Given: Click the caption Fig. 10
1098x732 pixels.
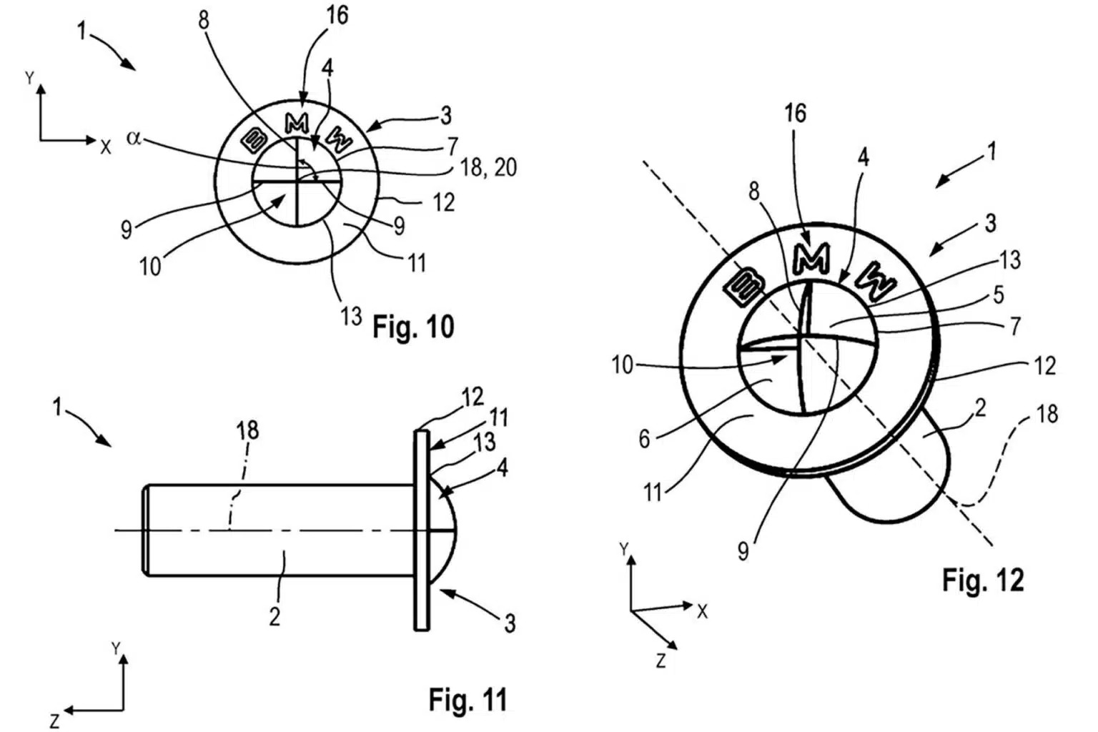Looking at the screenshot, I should (x=413, y=327).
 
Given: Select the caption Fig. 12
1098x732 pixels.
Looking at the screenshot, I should (x=983, y=579).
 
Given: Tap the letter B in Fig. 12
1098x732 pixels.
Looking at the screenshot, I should (x=744, y=287).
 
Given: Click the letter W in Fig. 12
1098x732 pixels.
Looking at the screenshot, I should (x=878, y=282).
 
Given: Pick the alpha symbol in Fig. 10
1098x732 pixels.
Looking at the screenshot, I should (x=133, y=138).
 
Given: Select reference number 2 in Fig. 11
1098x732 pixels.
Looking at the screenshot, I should (x=274, y=616).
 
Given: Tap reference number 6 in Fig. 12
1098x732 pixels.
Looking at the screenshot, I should (x=644, y=438).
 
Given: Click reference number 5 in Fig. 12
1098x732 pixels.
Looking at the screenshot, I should (x=998, y=295).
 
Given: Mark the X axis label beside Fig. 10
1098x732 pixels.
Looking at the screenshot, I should (x=106, y=147).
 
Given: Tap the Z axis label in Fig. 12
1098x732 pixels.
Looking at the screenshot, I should (x=661, y=661).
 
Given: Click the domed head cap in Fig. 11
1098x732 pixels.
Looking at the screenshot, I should (x=442, y=529).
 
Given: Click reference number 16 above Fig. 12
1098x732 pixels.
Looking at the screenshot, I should (x=795, y=113).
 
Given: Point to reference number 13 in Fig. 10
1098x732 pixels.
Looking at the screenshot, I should (x=350, y=315).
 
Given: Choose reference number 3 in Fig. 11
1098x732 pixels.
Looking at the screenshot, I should (x=509, y=623).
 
